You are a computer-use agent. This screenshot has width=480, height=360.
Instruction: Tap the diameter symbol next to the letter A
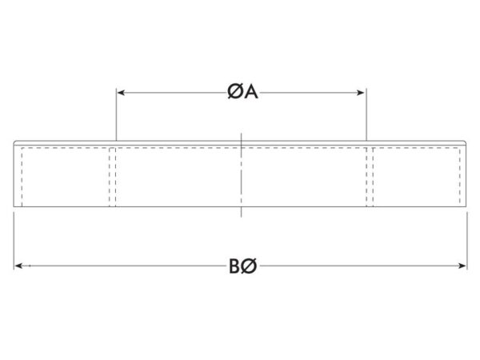pos(236,92)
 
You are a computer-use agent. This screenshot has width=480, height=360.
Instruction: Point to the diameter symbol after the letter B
pos(248,266)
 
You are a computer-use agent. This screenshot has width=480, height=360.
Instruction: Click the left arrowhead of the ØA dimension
pos(121,93)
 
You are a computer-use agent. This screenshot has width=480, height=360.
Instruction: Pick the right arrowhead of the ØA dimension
pos(361,93)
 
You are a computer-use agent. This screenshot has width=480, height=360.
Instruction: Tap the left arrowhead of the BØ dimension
pos(18,266)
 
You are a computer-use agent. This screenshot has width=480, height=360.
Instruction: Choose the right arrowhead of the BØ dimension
pos(462,266)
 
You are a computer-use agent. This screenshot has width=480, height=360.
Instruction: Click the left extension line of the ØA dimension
pos(116,114)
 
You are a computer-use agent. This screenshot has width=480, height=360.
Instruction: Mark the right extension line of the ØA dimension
pos(366,114)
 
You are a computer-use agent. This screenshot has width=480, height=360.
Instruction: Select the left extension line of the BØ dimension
pos(14,242)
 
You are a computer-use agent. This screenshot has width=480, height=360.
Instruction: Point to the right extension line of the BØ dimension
pos(467,242)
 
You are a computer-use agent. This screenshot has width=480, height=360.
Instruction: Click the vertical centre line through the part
pos(242,175)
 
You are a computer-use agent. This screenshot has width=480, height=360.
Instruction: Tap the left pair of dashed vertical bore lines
pos(113,177)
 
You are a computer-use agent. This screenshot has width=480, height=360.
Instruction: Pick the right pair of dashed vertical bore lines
pos(370,177)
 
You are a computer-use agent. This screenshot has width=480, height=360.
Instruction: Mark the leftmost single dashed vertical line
pos(22,177)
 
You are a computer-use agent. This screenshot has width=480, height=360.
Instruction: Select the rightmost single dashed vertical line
pos(460,177)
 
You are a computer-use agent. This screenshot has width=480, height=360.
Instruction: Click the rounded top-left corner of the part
pos(14,142)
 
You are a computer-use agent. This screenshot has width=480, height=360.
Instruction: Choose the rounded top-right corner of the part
pos(466,142)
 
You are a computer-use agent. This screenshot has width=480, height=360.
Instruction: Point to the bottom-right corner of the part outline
pos(466,206)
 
